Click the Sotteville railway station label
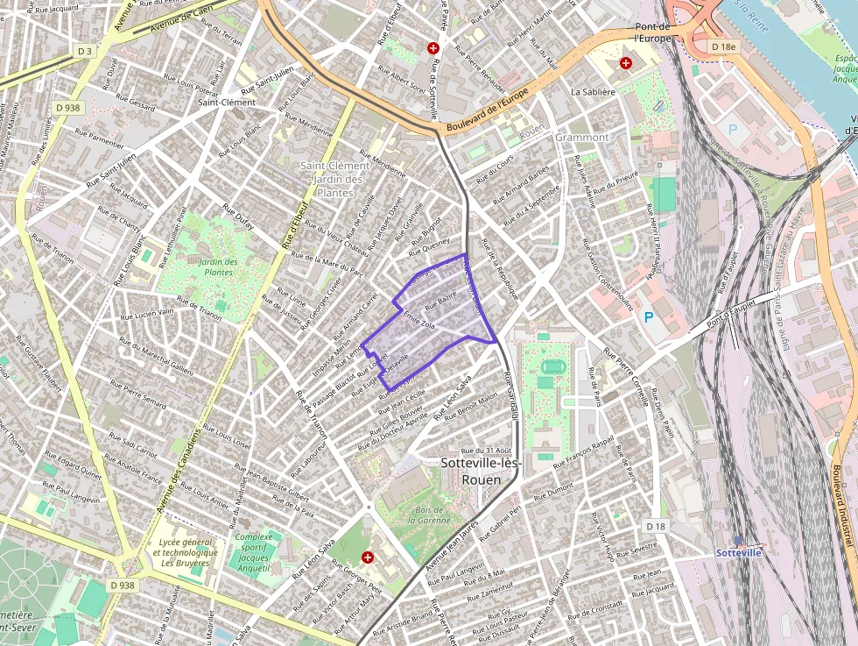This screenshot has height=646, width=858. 739,553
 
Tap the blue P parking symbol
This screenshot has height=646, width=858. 649,316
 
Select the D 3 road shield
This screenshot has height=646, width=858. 85,52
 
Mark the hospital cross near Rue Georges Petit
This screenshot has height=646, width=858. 368,557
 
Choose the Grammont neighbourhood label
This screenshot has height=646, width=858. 581,138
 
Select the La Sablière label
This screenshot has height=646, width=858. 594,91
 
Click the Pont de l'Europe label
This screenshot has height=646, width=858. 652,32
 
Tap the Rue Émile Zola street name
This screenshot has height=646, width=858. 418,324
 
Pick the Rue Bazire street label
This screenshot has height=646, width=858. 441,302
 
